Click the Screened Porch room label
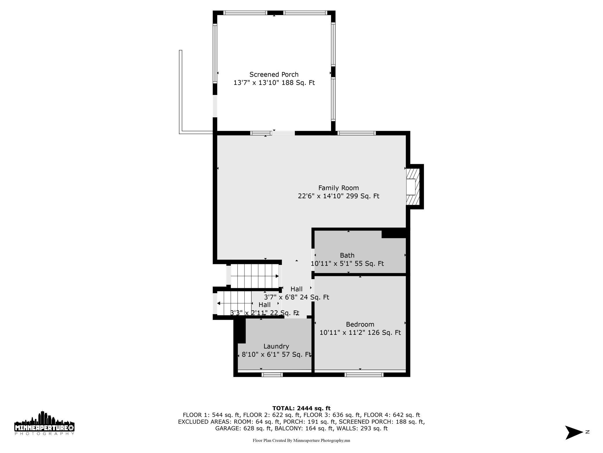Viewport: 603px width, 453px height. point(274,75)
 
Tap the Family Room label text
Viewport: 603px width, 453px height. point(338,188)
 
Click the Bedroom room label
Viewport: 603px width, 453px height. point(360,324)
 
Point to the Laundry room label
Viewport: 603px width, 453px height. point(276,346)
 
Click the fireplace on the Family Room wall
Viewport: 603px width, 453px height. point(413,187)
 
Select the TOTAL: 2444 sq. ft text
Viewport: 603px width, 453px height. point(301,408)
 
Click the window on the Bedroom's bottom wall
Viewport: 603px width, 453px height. point(364,375)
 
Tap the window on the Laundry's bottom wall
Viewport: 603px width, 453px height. point(272,375)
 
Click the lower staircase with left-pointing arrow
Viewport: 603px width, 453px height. point(235,303)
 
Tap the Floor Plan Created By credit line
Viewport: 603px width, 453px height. point(301,441)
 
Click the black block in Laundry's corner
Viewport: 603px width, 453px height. point(239,330)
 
